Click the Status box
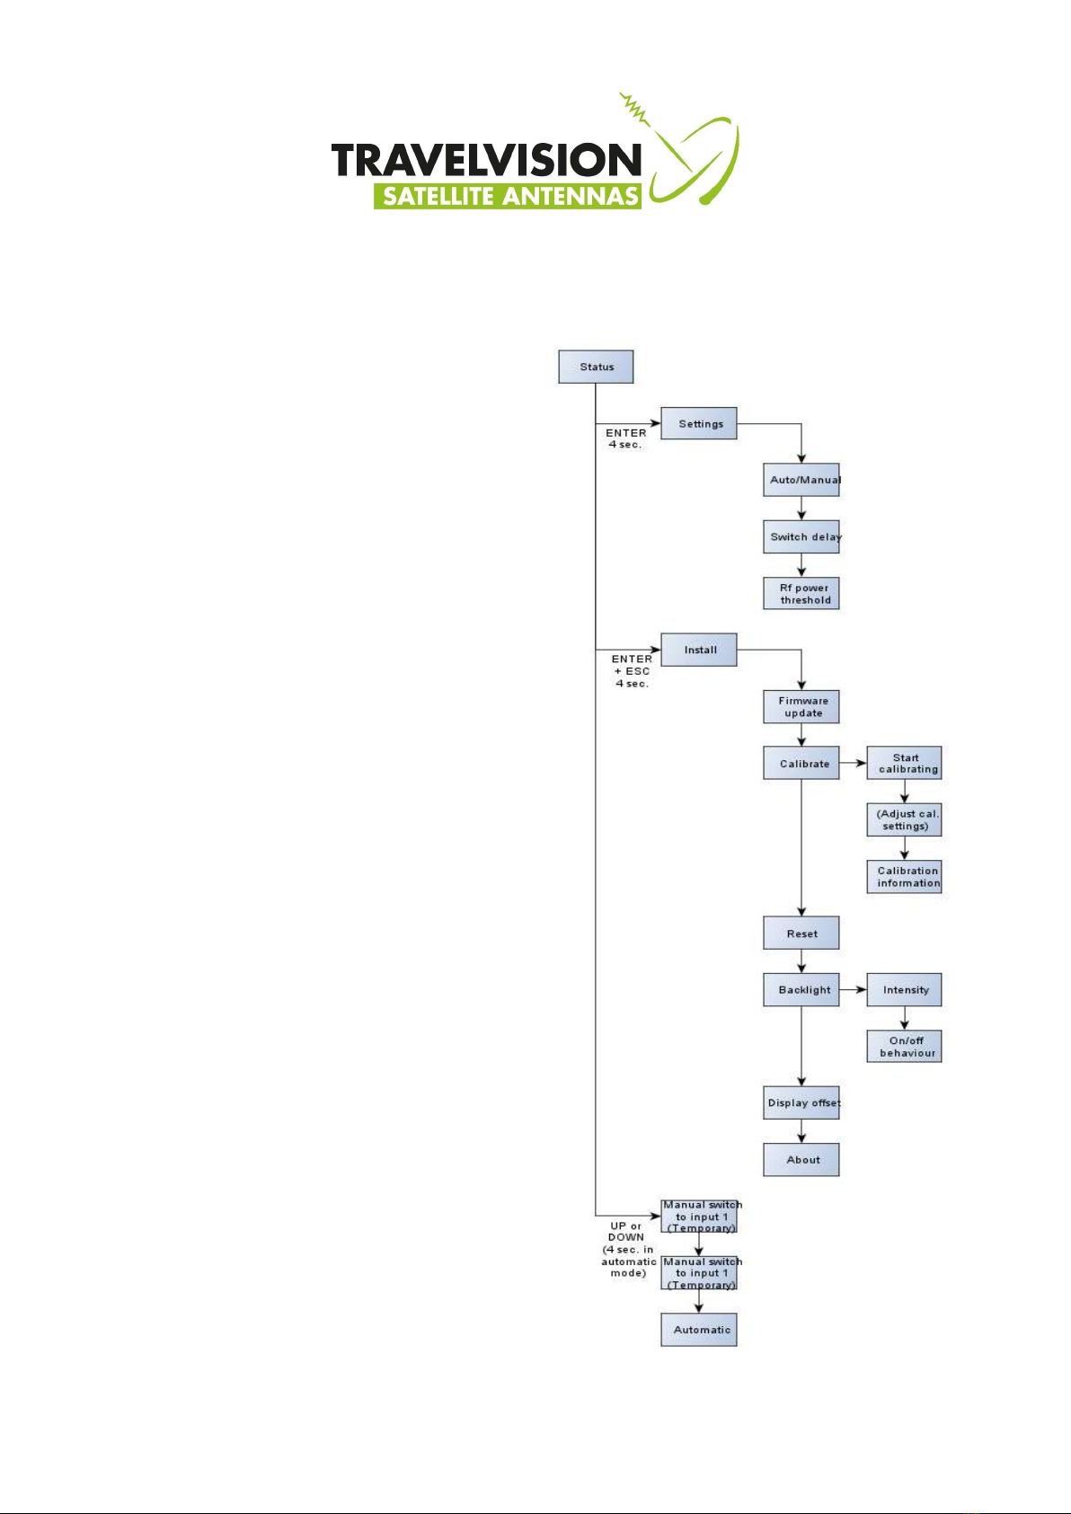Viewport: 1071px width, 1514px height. (596, 367)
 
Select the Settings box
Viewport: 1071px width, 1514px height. (699, 423)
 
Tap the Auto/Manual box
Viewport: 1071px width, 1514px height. (801, 480)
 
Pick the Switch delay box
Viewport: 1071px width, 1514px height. (801, 536)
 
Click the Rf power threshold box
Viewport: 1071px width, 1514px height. (801, 594)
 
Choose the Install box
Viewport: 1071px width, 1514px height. (699, 650)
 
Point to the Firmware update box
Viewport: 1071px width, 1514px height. (801, 707)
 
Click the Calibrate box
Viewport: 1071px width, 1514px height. (801, 764)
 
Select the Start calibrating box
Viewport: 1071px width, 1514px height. (904, 763)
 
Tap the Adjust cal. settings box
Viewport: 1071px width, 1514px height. (904, 819)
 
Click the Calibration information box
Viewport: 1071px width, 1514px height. (904, 876)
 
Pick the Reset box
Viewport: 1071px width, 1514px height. (801, 933)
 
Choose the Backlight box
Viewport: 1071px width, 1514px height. (801, 989)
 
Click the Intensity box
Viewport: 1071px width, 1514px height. (904, 989)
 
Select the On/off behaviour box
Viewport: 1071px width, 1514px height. (904, 1046)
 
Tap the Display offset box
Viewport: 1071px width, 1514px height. (801, 1102)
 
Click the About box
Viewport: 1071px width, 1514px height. (801, 1159)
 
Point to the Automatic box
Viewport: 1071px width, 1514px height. (699, 1330)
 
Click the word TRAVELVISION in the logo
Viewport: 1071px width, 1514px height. (486, 161)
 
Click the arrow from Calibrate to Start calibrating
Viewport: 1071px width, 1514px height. (853, 764)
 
